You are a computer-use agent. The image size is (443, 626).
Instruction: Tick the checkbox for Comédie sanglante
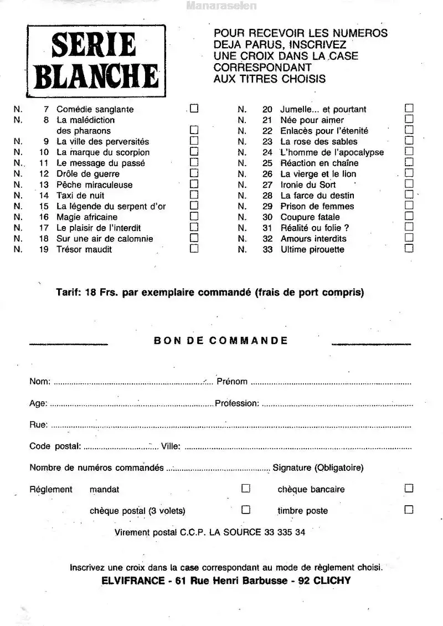[194, 109]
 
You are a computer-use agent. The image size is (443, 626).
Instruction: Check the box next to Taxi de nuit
[194, 195]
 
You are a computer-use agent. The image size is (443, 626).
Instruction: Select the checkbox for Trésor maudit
[194, 249]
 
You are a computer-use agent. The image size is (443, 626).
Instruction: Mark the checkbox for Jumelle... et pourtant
[409, 109]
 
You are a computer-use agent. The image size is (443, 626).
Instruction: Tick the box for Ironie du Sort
[409, 184]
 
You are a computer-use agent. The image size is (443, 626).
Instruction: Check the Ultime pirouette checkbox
[409, 249]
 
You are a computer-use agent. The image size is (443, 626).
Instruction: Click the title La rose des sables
[319, 141]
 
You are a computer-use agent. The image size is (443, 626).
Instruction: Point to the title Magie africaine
[87, 217]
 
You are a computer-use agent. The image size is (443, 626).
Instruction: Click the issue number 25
[267, 163]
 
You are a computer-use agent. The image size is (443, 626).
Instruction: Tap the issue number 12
[45, 173]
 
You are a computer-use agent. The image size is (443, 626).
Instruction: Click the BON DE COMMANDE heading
[220, 341]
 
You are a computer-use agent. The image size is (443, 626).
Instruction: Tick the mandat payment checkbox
[246, 489]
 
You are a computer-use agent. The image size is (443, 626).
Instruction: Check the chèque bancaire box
[409, 489]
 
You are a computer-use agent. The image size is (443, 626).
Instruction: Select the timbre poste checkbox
[409, 510]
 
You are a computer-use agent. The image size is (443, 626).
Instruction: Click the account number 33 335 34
[285, 532]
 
